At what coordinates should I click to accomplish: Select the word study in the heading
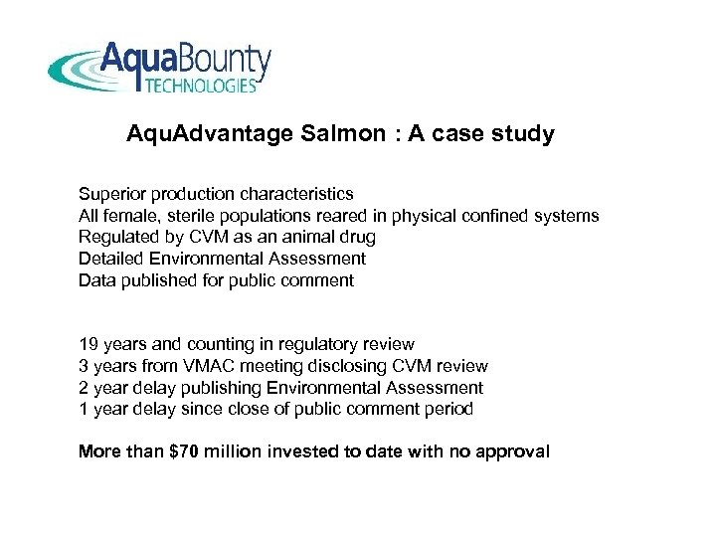525,133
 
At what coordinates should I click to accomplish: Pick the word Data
95,280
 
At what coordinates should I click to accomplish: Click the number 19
89,344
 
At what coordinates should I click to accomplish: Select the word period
450,410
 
